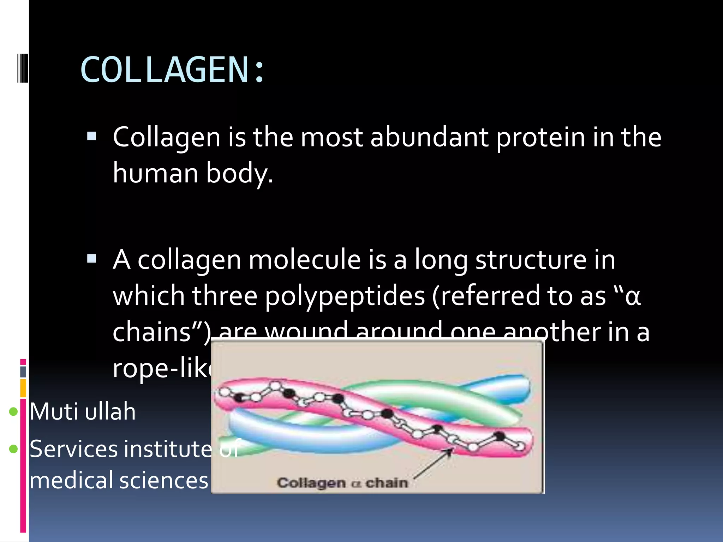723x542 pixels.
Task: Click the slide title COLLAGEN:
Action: tap(172, 70)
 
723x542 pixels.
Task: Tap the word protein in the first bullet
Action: tap(540, 137)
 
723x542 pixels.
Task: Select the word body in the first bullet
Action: tap(239, 174)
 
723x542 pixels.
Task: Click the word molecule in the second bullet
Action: tap(304, 260)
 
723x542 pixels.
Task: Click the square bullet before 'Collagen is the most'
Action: tap(91, 136)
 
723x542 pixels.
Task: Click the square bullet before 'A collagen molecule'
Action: tap(91, 259)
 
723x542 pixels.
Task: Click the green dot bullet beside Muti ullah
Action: tap(13, 411)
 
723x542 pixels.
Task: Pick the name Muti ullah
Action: tap(83, 411)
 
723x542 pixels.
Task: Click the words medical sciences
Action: tap(119, 480)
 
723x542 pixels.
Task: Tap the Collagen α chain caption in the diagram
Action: tap(342, 482)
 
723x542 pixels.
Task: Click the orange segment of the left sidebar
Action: tap(23, 388)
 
